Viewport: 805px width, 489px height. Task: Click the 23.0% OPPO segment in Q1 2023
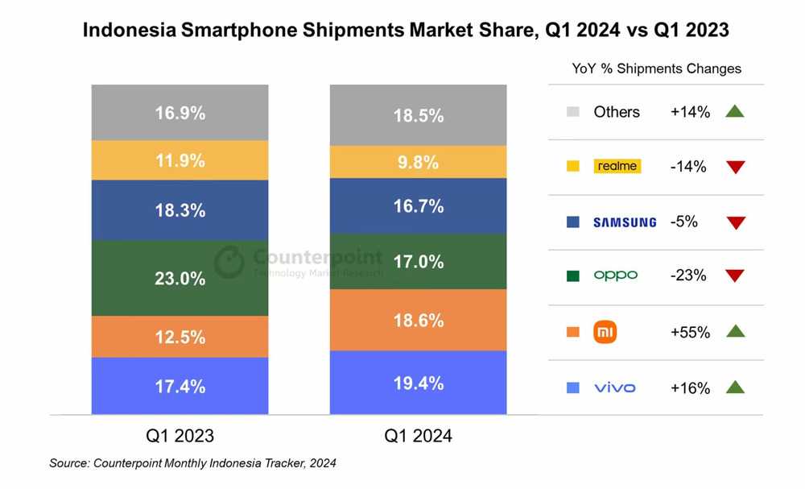[x=180, y=278]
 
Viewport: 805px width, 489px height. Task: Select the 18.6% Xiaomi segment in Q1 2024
[x=418, y=320]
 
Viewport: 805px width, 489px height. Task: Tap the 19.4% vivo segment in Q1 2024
[x=418, y=383]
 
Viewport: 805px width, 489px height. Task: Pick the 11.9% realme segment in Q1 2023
[x=180, y=160]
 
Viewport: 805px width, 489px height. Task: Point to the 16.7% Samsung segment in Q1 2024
[x=418, y=206]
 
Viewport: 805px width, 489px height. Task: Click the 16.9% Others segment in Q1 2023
[x=180, y=113]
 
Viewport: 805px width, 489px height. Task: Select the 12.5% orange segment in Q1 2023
[x=180, y=337]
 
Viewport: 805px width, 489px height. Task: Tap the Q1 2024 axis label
[x=418, y=436]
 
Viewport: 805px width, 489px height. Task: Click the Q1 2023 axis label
[x=180, y=436]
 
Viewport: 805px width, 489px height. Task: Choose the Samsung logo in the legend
[x=625, y=222]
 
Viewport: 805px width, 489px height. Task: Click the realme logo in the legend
[x=617, y=167]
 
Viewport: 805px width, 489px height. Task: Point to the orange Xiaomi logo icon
[x=605, y=332]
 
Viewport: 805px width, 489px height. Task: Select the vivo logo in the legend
[x=615, y=387]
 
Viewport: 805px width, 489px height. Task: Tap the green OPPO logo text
[x=616, y=276]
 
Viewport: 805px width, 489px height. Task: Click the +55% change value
[x=690, y=332]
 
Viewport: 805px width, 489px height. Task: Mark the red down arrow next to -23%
[x=734, y=276]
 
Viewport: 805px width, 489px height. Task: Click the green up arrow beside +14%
[x=734, y=112]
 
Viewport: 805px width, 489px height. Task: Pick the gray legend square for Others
[x=573, y=112]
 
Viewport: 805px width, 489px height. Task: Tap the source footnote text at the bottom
[x=192, y=463]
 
